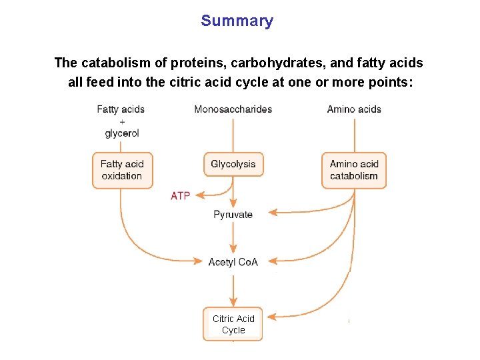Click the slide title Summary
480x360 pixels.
coord(237,21)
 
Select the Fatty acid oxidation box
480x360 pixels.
coord(122,170)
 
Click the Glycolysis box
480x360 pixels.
coord(233,164)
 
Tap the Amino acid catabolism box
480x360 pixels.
coord(354,170)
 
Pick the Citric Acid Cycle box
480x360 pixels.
coord(233,324)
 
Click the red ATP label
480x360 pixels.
coord(180,196)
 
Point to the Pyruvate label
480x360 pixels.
coord(233,215)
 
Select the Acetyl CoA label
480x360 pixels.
coord(233,262)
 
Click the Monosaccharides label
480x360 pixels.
coord(233,109)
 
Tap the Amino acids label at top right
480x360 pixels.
coord(354,109)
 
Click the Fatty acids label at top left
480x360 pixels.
coord(121,109)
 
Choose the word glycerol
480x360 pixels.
coord(122,133)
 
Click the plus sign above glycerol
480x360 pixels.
coord(122,121)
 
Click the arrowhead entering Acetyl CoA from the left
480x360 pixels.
coord(201,260)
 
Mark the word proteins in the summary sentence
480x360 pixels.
coord(194,63)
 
